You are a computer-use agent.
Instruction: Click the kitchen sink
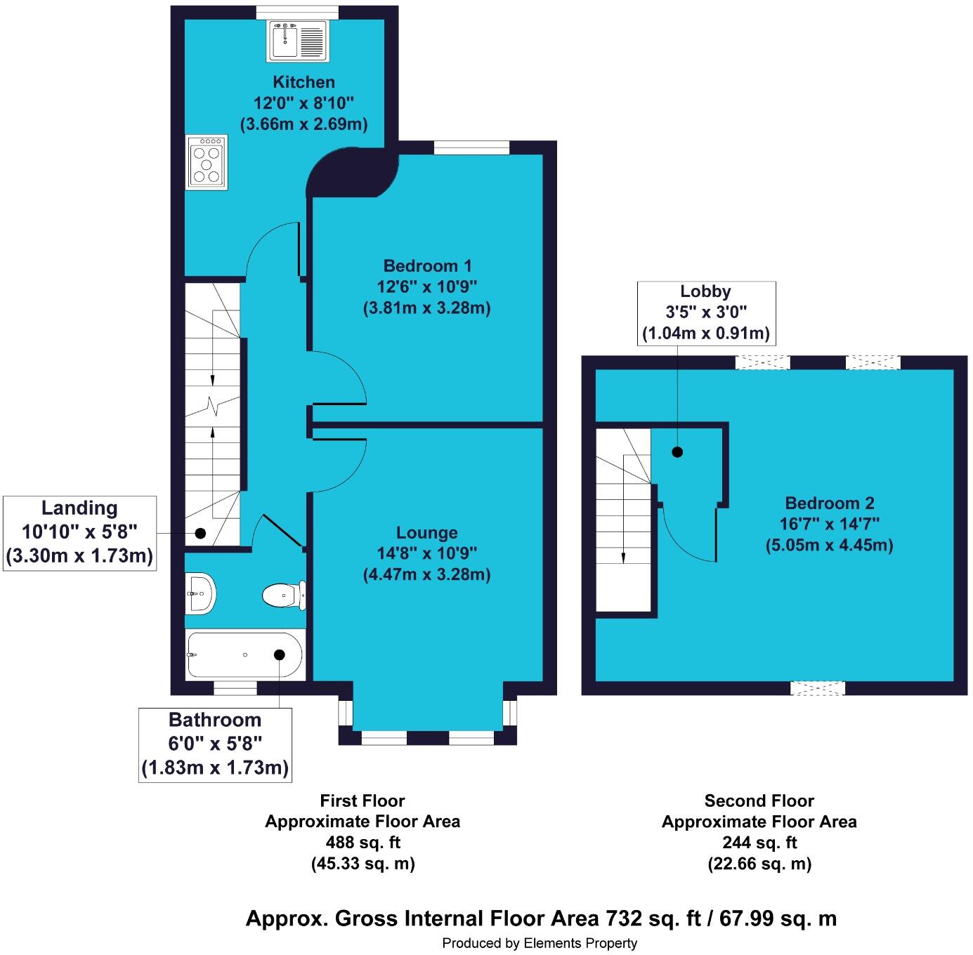297,41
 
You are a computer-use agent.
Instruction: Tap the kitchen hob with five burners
207,162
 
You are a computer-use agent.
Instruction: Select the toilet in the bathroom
285,595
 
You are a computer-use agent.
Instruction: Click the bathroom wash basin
200,593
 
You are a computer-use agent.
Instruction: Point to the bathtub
245,654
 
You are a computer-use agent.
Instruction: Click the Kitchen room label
303,81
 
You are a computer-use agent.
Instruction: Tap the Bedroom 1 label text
427,265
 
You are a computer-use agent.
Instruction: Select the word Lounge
426,532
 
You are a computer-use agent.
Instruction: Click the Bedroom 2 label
830,503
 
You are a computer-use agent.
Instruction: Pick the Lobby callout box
706,313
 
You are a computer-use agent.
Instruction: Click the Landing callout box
80,534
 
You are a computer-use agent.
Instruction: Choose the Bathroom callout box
215,744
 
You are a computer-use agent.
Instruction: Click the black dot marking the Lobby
677,452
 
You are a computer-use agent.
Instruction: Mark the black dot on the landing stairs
200,532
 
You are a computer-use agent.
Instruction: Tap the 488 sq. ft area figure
363,842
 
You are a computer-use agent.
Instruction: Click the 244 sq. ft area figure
759,842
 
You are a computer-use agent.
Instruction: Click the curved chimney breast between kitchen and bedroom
351,171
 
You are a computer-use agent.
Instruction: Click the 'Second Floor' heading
759,801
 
